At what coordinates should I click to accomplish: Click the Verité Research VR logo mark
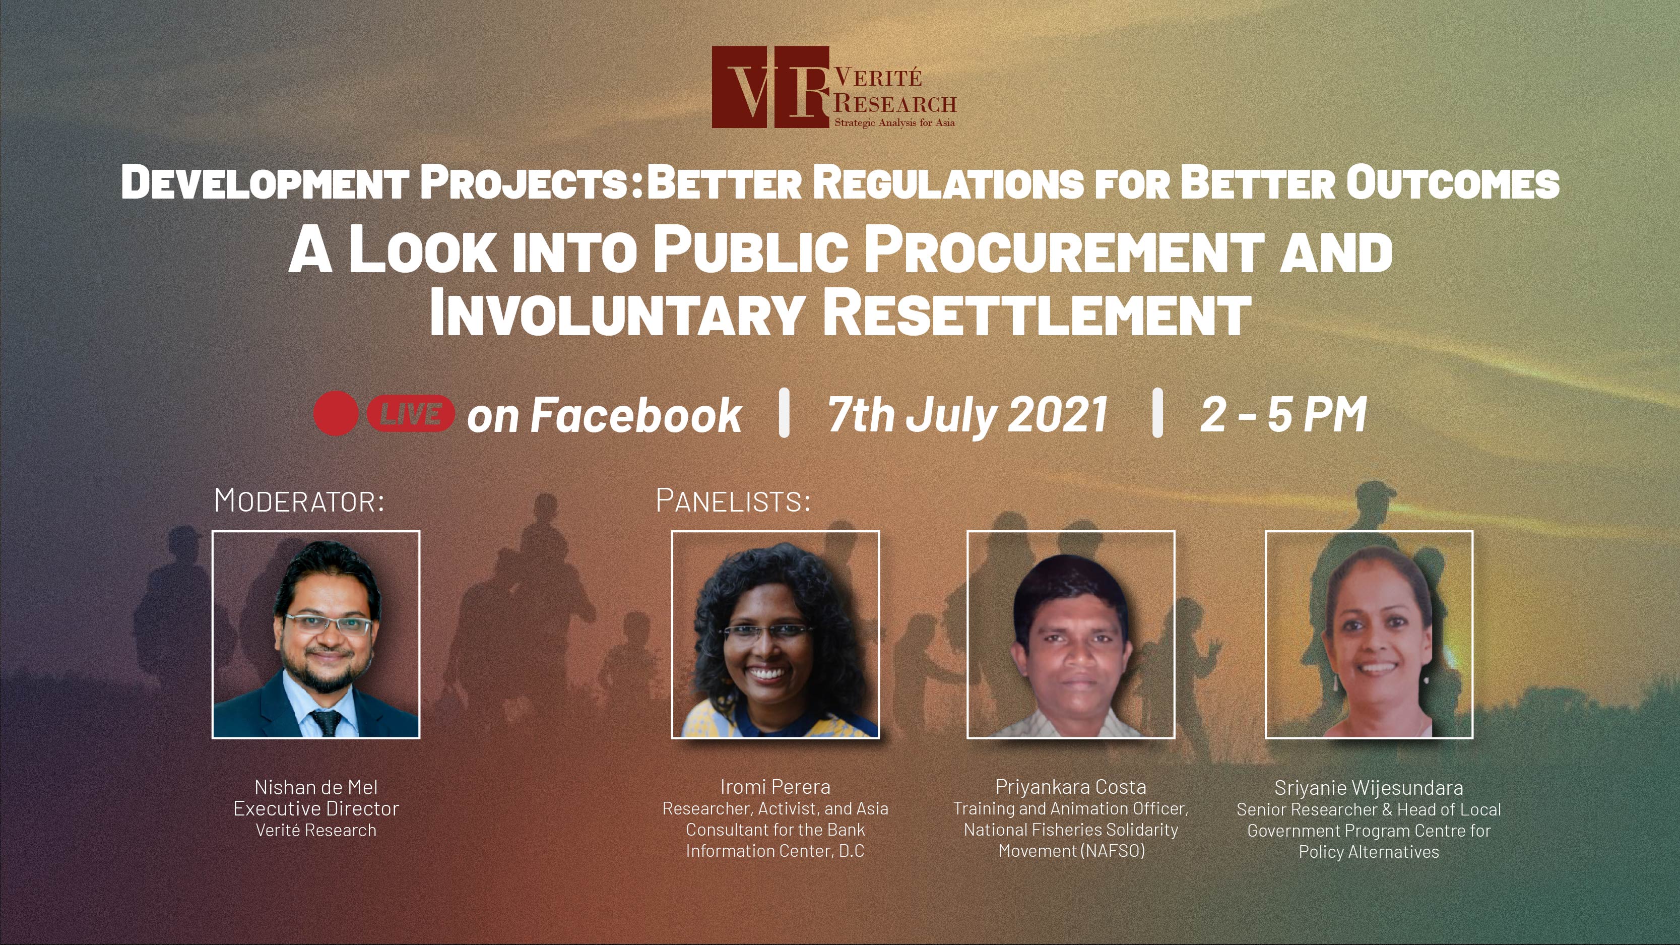coord(770,87)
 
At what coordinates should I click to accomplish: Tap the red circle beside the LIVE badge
coord(335,413)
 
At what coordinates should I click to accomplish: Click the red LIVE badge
coord(410,413)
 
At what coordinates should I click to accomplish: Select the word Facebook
coord(636,415)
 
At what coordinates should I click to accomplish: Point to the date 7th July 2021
coord(967,414)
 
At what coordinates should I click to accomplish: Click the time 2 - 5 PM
coord(1283,414)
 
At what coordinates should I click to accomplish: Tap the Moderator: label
coord(299,501)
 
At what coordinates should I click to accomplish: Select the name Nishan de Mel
coord(315,787)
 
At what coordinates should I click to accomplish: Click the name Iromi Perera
coord(775,787)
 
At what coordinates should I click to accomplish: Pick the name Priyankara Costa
coord(1071,787)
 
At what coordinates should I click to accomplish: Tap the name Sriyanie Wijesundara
coord(1368,788)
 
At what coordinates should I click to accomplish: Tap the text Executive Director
coord(315,809)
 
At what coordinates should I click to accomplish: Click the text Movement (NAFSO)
coord(1071,851)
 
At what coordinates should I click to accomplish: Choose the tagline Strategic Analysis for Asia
coord(895,122)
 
